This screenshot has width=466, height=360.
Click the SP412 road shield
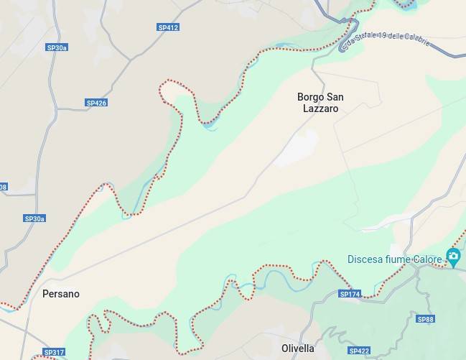[168, 27]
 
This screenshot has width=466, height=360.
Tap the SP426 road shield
[96, 103]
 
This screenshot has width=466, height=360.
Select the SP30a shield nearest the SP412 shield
[57, 47]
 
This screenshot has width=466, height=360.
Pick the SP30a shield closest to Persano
[34, 218]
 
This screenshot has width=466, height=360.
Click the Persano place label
[61, 294]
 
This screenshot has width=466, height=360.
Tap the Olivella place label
[298, 349]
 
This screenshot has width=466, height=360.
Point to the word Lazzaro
[320, 109]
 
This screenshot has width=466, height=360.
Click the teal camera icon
[453, 256]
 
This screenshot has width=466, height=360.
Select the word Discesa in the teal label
[368, 259]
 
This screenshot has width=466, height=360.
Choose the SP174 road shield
[350, 294]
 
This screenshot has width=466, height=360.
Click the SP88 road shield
[426, 319]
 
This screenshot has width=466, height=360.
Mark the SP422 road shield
[359, 351]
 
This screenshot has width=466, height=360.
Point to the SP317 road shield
[54, 352]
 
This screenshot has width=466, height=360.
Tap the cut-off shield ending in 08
[3, 187]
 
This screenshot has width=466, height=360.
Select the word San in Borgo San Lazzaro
[335, 97]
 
